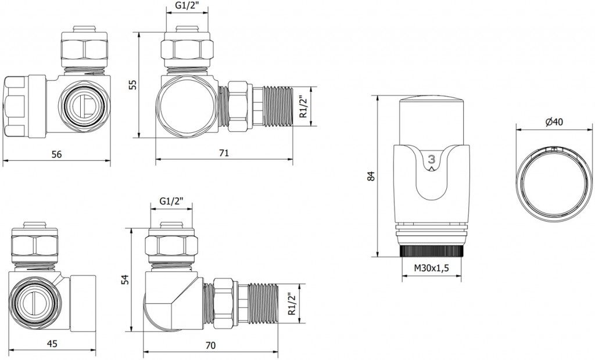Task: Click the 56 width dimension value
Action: [57, 154]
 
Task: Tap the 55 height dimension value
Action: [132, 85]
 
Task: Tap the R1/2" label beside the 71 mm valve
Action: [302, 106]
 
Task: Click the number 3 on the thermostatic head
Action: [431, 159]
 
